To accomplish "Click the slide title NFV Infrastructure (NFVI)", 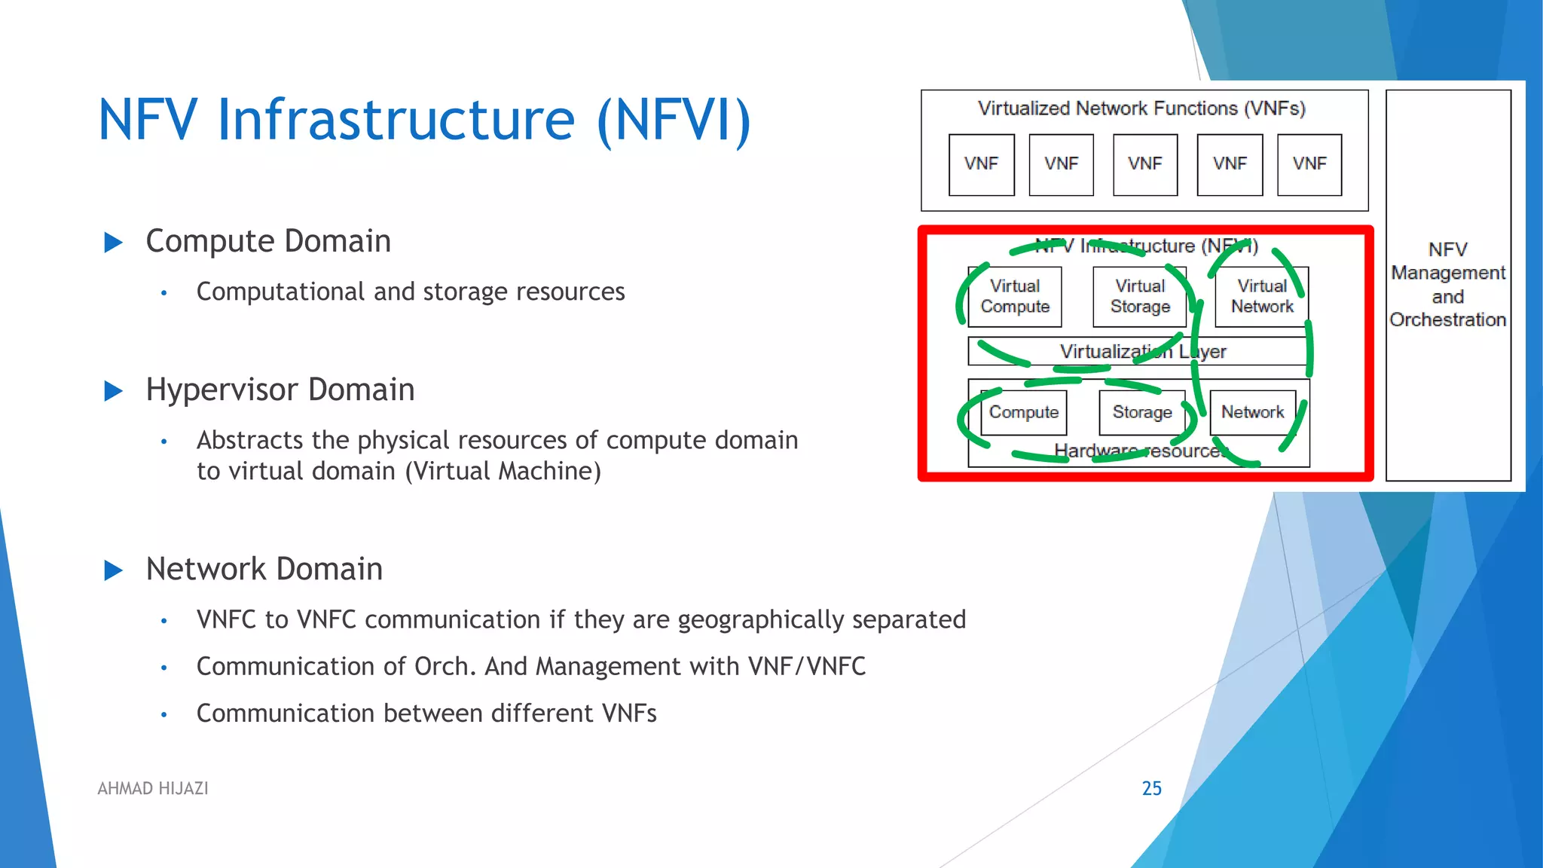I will coord(424,121).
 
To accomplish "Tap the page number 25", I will coord(1151,788).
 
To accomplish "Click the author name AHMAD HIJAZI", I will coord(153,788).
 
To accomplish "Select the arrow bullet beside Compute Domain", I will coord(113,243).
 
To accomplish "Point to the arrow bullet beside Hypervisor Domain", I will coord(113,391).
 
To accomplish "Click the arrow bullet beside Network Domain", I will coord(113,570).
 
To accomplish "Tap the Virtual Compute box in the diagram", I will coord(1014,297).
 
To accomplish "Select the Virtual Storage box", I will coord(1139,297).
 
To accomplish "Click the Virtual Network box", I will coord(1261,297).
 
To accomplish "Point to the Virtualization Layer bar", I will coord(1138,351).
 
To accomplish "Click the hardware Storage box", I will coord(1141,412).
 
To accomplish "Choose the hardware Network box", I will coord(1252,412).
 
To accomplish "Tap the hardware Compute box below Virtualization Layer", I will coord(1023,412).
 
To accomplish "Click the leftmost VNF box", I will coord(981,164).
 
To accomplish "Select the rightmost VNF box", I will coord(1309,164).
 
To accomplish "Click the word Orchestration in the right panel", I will coord(1447,319).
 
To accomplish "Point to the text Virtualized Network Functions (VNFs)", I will coord(1141,108).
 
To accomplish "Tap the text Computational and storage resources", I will coord(411,292).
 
